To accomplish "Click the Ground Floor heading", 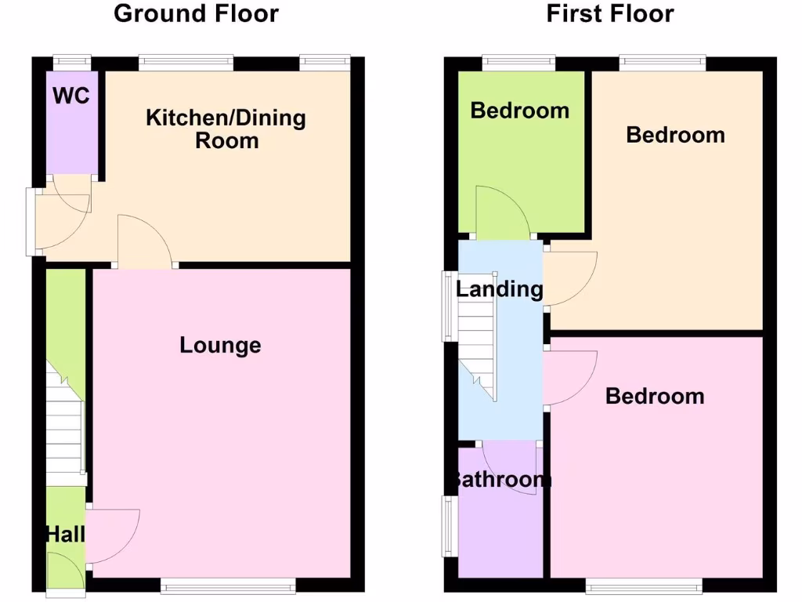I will coord(196,13).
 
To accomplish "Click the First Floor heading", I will coord(610,13).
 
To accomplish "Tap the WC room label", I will coord(71,96).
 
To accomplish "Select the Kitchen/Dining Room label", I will coord(226,129).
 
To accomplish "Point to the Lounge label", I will coord(220,345).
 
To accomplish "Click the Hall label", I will coord(65,535).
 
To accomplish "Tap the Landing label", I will coord(500,288).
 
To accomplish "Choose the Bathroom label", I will coord(500,479).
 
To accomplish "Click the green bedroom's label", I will coord(519,111).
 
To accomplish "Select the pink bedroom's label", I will coord(655,396).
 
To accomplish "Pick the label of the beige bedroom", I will coord(675,135).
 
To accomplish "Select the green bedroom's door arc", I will coord(502,212).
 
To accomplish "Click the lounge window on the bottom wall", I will coord(229,585).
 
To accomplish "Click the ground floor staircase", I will coord(65,423).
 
